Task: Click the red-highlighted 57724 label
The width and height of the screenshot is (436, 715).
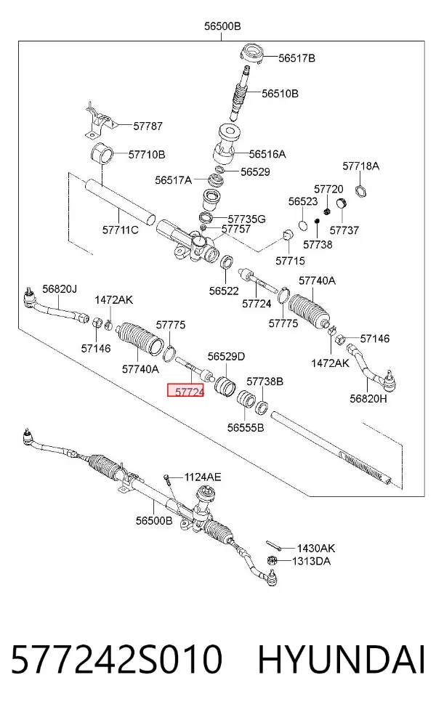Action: point(185,390)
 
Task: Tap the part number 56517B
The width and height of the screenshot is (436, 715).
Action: point(297,58)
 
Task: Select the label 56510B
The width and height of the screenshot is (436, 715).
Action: point(280,94)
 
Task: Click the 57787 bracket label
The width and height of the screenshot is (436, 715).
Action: point(148,126)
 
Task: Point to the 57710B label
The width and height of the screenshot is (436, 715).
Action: point(147,155)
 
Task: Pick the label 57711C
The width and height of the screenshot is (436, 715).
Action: point(121,230)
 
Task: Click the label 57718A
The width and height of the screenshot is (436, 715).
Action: point(360,166)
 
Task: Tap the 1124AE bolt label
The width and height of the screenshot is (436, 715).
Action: point(203,477)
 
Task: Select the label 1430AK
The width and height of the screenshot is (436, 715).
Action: point(316,548)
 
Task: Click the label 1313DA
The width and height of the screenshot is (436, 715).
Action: point(311,561)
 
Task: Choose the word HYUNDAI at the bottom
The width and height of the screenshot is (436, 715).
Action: point(342,659)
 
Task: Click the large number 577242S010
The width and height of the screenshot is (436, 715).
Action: point(116,659)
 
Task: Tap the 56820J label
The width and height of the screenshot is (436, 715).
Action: point(60,288)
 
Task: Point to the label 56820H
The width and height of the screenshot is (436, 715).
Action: point(368,398)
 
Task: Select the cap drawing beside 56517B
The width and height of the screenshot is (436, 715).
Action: point(252,54)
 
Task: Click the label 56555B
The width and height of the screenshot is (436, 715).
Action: point(246,428)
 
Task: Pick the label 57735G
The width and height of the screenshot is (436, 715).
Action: point(247,219)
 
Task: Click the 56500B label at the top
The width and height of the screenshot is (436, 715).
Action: point(222,26)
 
